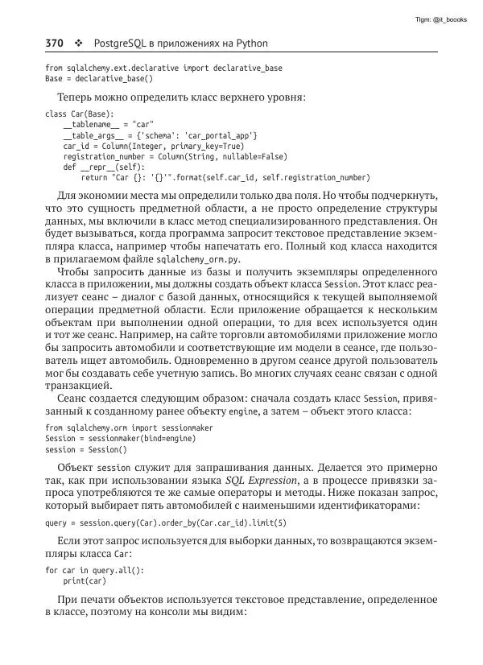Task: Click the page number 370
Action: tap(55, 43)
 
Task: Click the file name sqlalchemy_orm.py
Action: tap(204, 259)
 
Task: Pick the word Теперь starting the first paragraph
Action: tap(76, 98)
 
